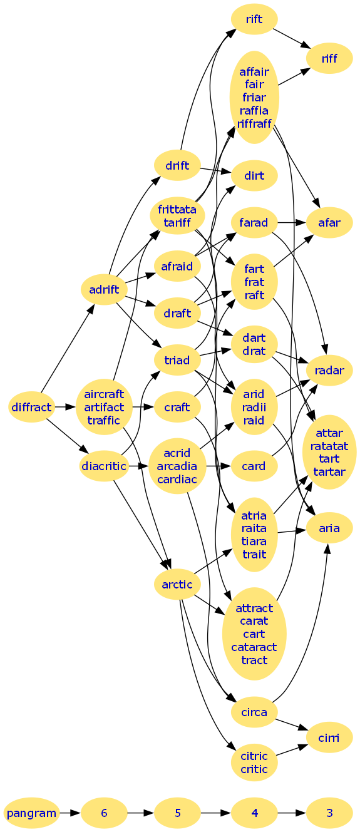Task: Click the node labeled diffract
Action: pyautogui.click(x=31, y=407)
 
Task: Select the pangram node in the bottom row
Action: pyautogui.click(x=31, y=813)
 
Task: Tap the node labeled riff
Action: pyautogui.click(x=329, y=58)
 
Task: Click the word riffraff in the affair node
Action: pyautogui.click(x=254, y=123)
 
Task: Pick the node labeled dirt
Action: pyautogui.click(x=254, y=175)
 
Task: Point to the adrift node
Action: pyautogui.click(x=104, y=289)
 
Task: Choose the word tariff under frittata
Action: pyautogui.click(x=177, y=222)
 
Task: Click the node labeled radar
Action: pyautogui.click(x=329, y=371)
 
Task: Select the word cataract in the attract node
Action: pyautogui.click(x=254, y=647)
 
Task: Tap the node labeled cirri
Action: pyautogui.click(x=329, y=737)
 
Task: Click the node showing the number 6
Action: pyautogui.click(x=104, y=813)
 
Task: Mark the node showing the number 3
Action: pyautogui.click(x=329, y=813)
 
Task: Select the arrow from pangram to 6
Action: pyautogui.click(x=70, y=813)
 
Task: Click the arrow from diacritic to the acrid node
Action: pyautogui.click(x=138, y=466)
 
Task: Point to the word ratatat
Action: pyautogui.click(x=329, y=446)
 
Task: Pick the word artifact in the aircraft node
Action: pyautogui.click(x=104, y=407)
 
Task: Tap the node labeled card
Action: pyautogui.click(x=254, y=466)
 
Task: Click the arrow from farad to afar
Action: pyautogui.click(x=292, y=222)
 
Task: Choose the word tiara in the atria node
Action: pyautogui.click(x=254, y=541)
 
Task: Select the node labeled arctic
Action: pyautogui.click(x=177, y=584)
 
